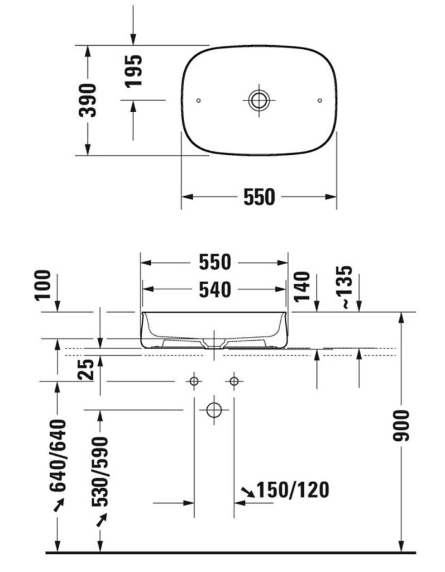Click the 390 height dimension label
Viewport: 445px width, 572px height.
pyautogui.click(x=88, y=101)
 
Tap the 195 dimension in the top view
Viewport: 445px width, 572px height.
pyautogui.click(x=133, y=71)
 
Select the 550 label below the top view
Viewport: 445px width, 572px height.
pyautogui.click(x=259, y=197)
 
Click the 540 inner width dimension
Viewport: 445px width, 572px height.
pyautogui.click(x=215, y=290)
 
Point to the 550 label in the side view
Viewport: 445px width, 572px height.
pyautogui.click(x=215, y=263)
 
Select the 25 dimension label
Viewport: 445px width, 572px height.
pyautogui.click(x=87, y=370)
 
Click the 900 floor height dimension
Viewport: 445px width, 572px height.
pyautogui.click(x=401, y=425)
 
